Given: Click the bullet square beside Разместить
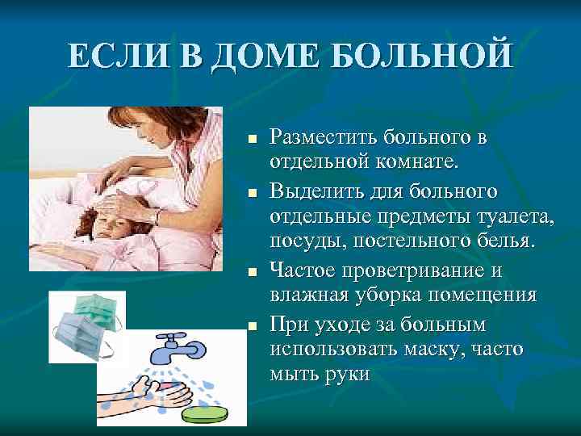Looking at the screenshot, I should point(252,139).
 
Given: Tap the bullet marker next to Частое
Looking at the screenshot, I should point(252,273).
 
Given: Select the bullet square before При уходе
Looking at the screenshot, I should point(252,325).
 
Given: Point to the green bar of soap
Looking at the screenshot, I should point(205,413).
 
